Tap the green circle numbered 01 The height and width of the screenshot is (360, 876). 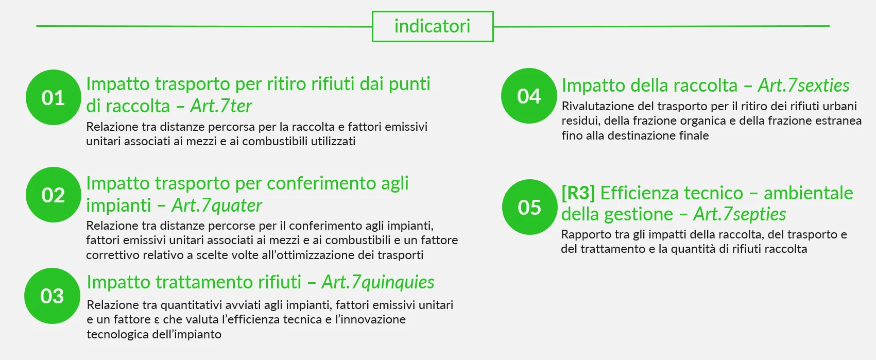coord(54,97)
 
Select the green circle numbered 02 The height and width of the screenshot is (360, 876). coord(54,195)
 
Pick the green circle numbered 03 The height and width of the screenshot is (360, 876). coord(53,296)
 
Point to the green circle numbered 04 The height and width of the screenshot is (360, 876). coord(529,96)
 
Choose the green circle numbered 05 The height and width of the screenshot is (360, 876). coord(530,207)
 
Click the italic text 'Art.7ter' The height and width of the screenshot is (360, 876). coord(221,106)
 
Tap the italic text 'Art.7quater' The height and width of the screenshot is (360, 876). coord(217,205)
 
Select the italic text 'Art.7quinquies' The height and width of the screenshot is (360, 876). coord(378,282)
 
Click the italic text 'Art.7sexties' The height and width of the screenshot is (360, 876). coord(804,85)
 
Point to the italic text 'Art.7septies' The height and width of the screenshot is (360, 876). coord(740,214)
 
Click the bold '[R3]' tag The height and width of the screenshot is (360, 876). coord(578,193)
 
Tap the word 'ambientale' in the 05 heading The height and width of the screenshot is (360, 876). coord(809,193)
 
